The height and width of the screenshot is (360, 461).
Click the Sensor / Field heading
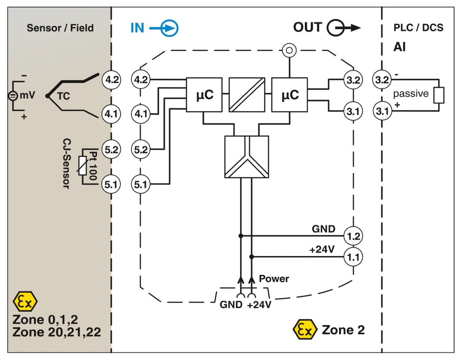coord(60,28)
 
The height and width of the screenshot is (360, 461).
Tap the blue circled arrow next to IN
coord(169,28)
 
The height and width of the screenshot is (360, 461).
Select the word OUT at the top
coord(307,27)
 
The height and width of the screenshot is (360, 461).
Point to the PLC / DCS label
coord(418,28)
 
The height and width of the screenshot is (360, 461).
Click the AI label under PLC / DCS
coord(399,47)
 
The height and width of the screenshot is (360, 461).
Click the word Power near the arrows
coord(274,278)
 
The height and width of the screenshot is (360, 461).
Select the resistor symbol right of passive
coord(438,95)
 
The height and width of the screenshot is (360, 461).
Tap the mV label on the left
coord(27,95)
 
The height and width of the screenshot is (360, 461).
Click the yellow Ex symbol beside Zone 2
coord(305,329)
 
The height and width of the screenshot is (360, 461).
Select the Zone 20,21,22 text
coord(57,332)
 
